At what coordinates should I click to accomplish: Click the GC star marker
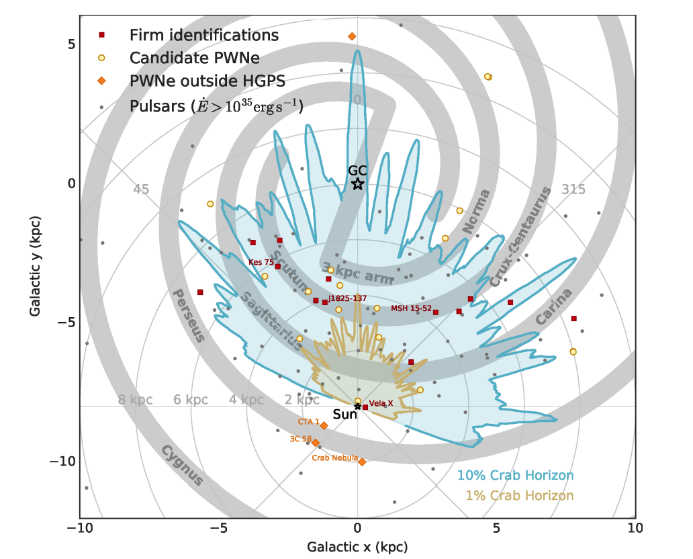tap(357, 183)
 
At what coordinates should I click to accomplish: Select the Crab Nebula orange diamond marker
tap(362, 462)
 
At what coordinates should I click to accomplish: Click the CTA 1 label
tap(308, 422)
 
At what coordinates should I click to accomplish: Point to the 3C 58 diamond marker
tap(315, 442)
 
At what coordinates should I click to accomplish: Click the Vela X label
tap(381, 403)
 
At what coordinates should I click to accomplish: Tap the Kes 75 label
tap(261, 262)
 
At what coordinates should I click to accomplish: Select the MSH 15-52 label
tap(410, 308)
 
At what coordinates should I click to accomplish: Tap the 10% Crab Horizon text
tap(515, 476)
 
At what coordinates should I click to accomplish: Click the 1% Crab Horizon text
tap(519, 496)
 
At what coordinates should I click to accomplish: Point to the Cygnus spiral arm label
tap(182, 464)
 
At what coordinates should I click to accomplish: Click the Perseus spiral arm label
tap(187, 315)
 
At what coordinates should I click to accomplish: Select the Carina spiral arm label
tap(554, 306)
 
